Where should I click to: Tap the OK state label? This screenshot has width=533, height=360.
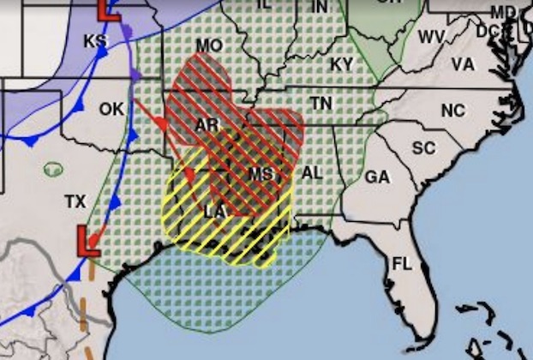pyautogui.click(x=111, y=109)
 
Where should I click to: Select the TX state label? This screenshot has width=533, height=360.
pyautogui.click(x=75, y=201)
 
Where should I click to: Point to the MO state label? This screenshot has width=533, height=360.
pyautogui.click(x=207, y=45)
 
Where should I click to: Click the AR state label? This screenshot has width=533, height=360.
pyautogui.click(x=207, y=125)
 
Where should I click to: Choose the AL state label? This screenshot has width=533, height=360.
pyautogui.click(x=312, y=173)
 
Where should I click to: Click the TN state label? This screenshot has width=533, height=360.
pyautogui.click(x=320, y=104)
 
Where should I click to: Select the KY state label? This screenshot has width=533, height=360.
pyautogui.click(x=341, y=64)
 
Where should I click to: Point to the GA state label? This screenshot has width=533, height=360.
pyautogui.click(x=377, y=177)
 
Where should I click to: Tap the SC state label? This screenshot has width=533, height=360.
pyautogui.click(x=423, y=147)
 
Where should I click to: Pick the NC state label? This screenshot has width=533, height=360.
pyautogui.click(x=452, y=110)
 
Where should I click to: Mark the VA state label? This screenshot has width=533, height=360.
pyautogui.click(x=463, y=64)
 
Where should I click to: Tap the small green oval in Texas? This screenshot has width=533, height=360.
pyautogui.click(x=53, y=171)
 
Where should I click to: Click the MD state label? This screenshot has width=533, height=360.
pyautogui.click(x=505, y=11)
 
